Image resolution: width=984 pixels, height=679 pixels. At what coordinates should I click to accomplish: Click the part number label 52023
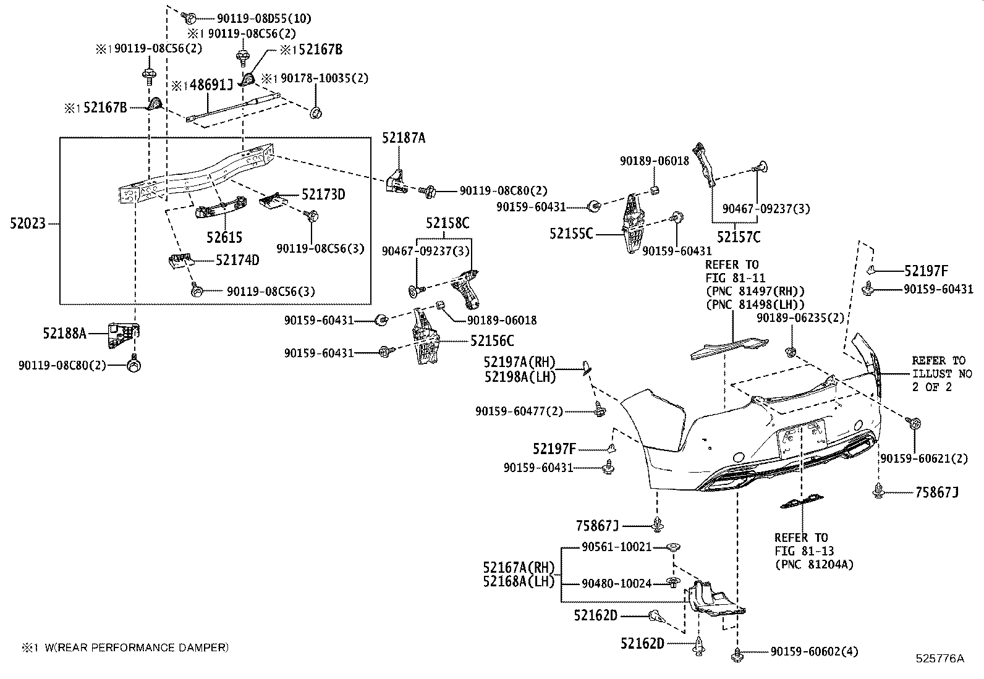coord(28,223)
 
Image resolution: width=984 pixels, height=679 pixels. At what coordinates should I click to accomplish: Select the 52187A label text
coord(404,138)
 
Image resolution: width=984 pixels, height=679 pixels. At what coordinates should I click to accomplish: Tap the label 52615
coord(224,237)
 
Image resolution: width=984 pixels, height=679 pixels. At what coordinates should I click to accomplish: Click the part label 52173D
coord(323,195)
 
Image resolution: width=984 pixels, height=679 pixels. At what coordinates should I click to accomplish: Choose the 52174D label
coord(237,260)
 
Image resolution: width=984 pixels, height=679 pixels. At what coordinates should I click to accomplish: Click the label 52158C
coord(447,222)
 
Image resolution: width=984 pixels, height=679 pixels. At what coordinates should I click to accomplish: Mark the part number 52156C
coord(492,340)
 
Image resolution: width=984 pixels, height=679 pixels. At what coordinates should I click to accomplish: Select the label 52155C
coord(571,234)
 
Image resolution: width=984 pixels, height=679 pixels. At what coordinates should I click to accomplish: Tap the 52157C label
coord(739,237)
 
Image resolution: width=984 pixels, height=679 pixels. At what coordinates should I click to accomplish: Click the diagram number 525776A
coord(939,658)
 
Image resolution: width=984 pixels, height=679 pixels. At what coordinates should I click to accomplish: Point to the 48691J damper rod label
coord(208,85)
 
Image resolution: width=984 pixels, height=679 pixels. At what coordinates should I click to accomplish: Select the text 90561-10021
coord(617,547)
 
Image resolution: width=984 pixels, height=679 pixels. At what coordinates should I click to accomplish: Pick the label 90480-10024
coord(617,583)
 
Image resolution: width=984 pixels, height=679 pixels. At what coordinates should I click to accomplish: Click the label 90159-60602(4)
coord(815,651)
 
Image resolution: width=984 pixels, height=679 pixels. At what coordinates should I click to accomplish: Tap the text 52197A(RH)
coord(519,362)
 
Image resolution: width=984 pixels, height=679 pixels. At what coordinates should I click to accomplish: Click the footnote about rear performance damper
coord(125,647)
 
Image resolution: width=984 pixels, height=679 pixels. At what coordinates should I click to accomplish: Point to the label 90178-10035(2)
coord(324,78)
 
